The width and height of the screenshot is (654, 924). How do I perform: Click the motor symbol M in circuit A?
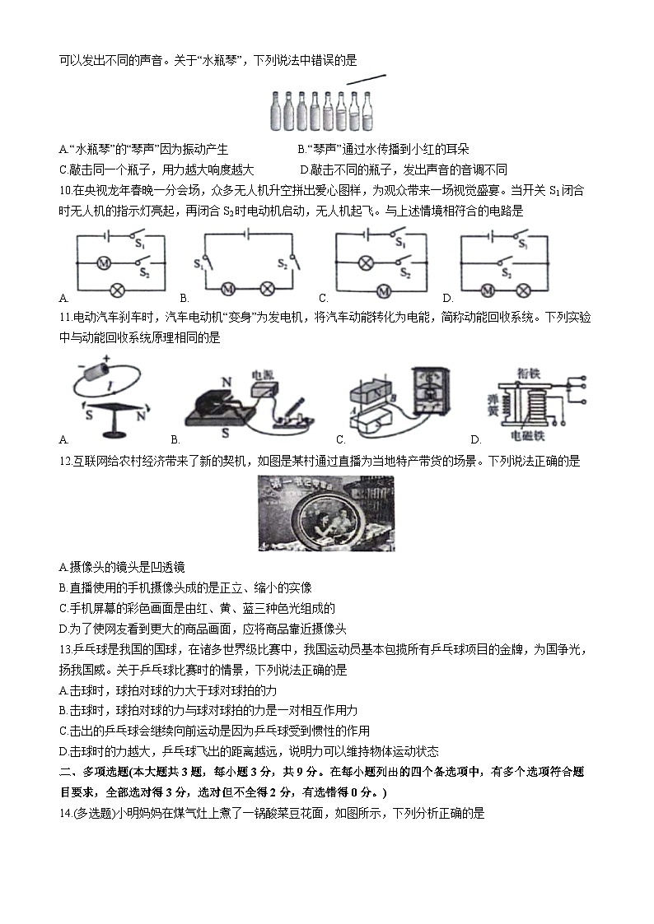(104, 263)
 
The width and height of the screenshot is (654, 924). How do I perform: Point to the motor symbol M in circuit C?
(382, 290)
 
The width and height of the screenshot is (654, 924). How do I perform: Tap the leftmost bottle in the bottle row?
(276, 111)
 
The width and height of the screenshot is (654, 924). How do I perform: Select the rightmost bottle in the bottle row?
(367, 111)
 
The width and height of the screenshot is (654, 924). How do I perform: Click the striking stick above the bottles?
(366, 79)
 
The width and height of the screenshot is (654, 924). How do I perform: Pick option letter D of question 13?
(63, 750)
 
